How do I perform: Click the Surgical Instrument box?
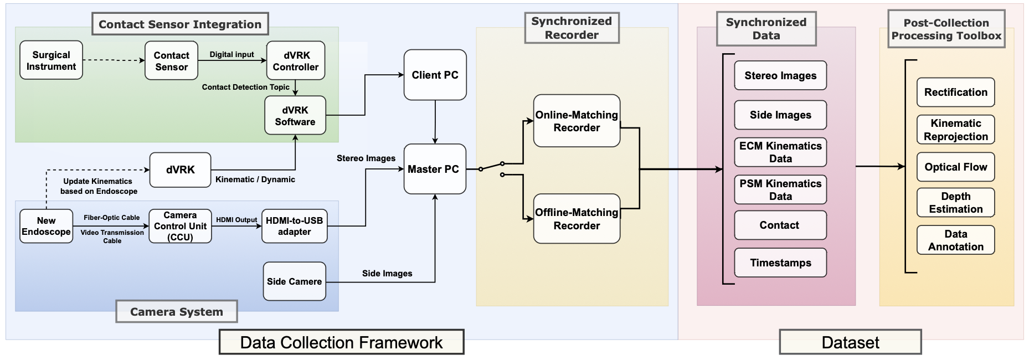[51, 60]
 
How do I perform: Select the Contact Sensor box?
[171, 61]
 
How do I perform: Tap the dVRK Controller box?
[296, 61]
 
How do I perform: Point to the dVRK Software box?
[295, 116]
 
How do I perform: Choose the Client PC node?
[435, 75]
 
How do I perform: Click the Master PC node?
[435, 169]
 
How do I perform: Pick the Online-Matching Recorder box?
[577, 121]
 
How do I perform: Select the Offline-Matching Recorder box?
[577, 219]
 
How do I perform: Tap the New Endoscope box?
[46, 226]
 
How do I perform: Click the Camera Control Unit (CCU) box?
[180, 226]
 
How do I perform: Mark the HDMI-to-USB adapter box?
[294, 226]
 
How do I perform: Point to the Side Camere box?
[294, 281]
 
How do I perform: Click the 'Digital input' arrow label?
[231, 54]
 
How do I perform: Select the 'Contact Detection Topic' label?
[245, 87]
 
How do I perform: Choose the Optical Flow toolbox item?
[955, 167]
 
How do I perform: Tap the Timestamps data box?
[780, 263]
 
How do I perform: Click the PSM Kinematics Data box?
[780, 189]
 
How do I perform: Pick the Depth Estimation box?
[955, 203]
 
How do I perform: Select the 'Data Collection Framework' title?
[341, 342]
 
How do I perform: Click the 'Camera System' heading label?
[176, 312]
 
